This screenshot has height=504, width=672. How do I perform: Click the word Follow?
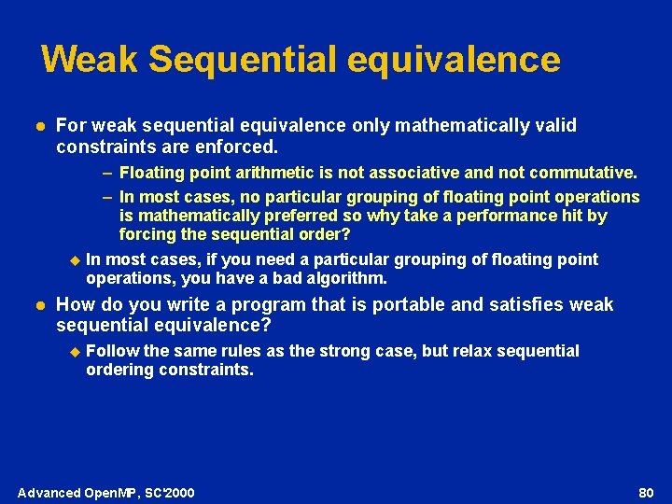(x=112, y=351)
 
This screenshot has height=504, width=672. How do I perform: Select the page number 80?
(x=646, y=492)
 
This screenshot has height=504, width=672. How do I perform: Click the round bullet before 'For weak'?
(x=35, y=126)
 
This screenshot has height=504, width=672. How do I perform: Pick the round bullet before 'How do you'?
(x=35, y=305)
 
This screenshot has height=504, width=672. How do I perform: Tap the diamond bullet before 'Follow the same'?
(x=76, y=352)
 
